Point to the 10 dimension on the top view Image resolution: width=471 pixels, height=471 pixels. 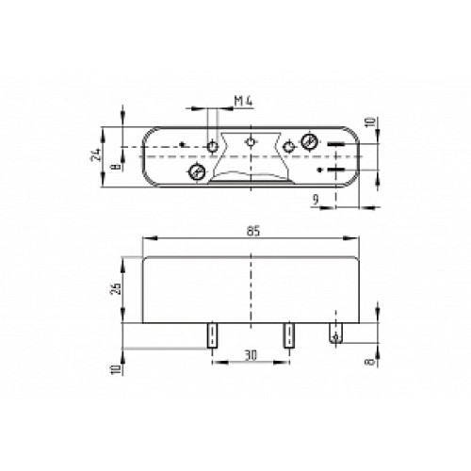(x=370, y=123)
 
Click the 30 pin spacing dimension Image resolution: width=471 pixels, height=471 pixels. (x=249, y=355)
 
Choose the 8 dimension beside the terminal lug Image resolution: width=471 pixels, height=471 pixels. (x=370, y=359)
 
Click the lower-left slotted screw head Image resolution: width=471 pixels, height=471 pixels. (x=197, y=171)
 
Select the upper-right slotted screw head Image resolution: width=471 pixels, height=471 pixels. (x=310, y=143)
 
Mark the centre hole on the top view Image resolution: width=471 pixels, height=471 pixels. (x=250, y=142)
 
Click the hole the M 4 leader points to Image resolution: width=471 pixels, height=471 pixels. (x=214, y=147)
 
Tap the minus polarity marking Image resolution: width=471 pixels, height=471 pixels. (x=335, y=144)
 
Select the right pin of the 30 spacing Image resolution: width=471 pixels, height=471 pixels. (x=284, y=335)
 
